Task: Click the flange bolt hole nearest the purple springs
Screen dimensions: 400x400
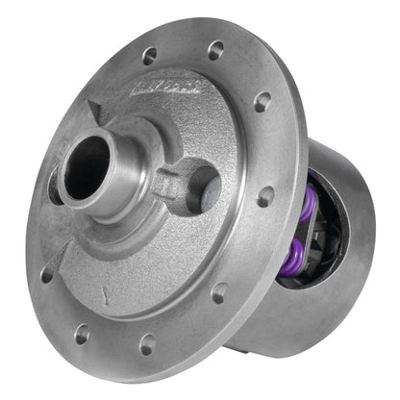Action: [x=265, y=197]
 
